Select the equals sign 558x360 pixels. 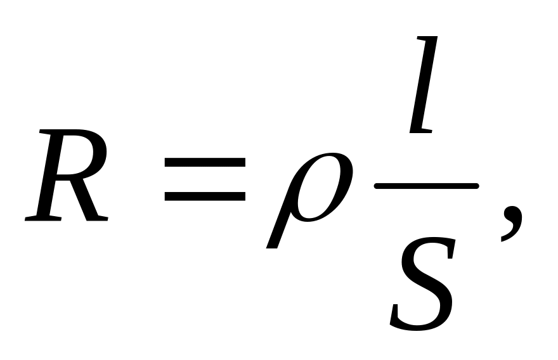[x=205, y=179]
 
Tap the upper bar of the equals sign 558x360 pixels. [x=205, y=162]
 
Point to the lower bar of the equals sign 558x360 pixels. [x=205, y=196]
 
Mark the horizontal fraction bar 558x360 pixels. [x=425, y=186]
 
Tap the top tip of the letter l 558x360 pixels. [x=433, y=39]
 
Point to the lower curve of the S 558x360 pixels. [x=415, y=320]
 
